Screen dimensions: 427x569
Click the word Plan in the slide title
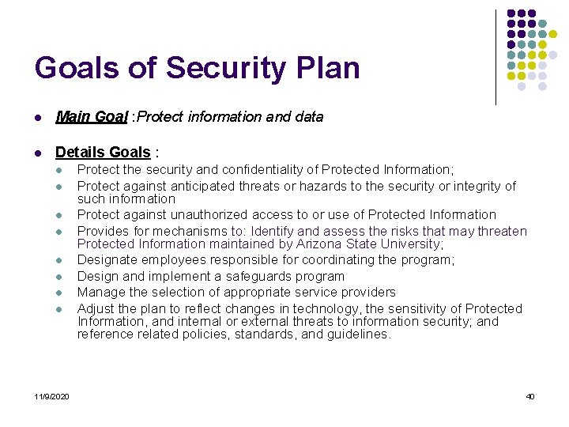(x=326, y=68)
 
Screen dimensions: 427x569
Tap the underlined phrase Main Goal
(x=92, y=116)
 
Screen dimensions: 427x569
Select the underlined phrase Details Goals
(x=103, y=152)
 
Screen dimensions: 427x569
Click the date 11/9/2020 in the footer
(x=51, y=395)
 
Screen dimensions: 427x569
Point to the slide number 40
(x=530, y=395)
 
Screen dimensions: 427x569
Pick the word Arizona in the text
(x=315, y=244)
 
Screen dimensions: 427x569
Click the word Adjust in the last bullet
(x=95, y=308)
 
